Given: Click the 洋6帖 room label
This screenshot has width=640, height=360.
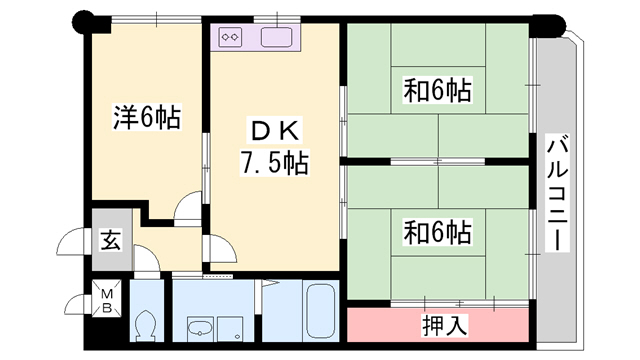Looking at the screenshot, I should click(x=145, y=119).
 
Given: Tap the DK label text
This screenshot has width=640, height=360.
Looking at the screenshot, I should click(x=273, y=131).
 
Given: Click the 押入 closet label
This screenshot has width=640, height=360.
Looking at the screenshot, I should click(x=438, y=325).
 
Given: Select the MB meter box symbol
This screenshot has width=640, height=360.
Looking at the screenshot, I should click(x=106, y=300).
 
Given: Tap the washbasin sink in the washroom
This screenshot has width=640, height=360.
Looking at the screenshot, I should click(x=199, y=327).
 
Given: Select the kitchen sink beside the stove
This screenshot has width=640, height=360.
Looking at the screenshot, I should click(x=275, y=38).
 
